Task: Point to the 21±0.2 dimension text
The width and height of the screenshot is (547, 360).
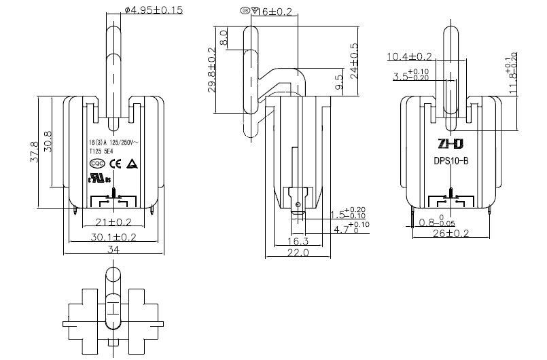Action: (114, 222)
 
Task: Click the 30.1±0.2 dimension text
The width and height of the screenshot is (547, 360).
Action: (114, 237)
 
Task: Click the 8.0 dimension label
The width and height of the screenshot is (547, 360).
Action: (224, 37)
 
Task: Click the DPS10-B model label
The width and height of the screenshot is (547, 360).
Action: (451, 162)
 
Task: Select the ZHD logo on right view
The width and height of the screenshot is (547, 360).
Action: (451, 145)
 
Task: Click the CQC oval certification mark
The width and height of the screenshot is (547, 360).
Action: (96, 164)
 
